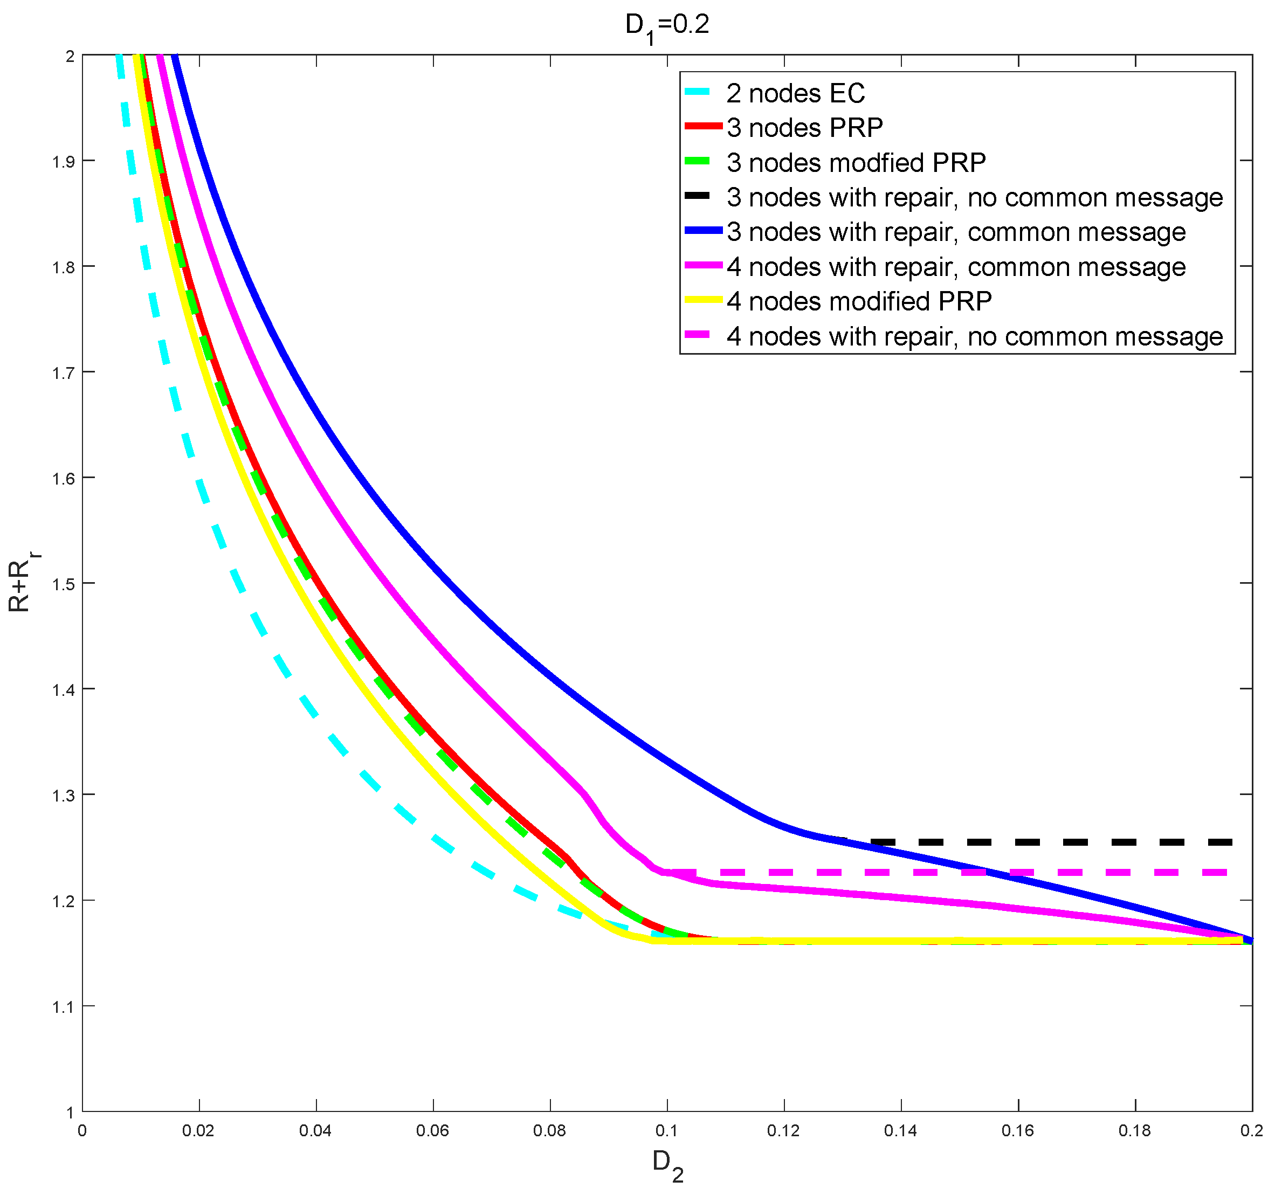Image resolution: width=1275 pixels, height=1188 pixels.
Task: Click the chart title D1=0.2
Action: [x=667, y=26]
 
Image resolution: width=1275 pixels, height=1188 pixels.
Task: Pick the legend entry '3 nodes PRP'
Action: [x=804, y=128]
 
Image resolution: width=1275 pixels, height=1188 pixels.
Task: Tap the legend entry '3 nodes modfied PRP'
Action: [x=856, y=163]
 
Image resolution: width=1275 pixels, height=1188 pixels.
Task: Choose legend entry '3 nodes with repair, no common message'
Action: [x=974, y=197]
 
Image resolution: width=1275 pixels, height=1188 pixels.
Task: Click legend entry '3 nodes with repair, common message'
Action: [x=956, y=232]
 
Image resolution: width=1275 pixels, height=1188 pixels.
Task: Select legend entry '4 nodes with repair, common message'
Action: [x=956, y=267]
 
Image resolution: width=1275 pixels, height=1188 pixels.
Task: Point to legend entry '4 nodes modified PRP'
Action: [x=859, y=301]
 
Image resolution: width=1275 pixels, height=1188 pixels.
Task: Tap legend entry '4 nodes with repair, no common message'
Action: [x=974, y=336]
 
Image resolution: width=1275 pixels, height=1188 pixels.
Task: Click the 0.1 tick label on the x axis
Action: [x=667, y=1130]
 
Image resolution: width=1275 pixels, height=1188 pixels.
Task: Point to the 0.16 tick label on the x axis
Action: [x=1018, y=1130]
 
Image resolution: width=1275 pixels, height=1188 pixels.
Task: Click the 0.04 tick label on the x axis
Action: [x=315, y=1130]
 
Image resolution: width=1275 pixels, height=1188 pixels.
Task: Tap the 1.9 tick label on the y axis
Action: [x=63, y=162]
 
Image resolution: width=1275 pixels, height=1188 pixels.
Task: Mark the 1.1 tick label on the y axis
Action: [x=63, y=1006]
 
